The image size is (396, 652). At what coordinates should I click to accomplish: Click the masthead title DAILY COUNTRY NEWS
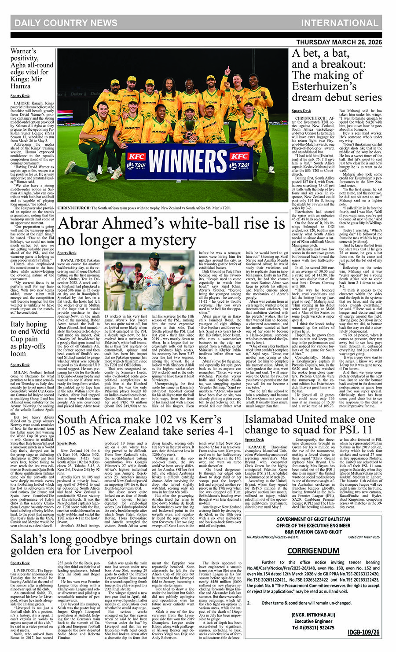(x=66, y=23)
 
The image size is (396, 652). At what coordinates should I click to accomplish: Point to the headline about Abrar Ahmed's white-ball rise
(x=172, y=232)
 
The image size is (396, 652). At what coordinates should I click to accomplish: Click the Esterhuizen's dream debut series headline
(x=337, y=75)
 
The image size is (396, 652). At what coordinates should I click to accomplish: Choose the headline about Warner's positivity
(x=32, y=69)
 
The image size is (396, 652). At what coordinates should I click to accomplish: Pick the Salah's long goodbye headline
(x=124, y=545)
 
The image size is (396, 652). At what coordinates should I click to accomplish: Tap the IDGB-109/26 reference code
(x=363, y=632)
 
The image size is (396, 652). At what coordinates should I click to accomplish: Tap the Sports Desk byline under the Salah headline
(x=20, y=563)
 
